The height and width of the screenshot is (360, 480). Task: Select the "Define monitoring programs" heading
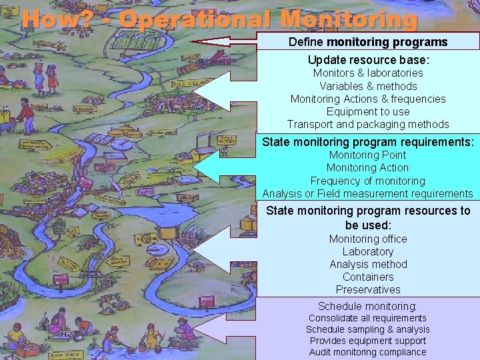pos(368,42)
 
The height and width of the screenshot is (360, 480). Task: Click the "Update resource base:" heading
pos(368,59)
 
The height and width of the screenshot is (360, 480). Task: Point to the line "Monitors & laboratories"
pos(368,73)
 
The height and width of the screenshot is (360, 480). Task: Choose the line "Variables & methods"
pos(368,86)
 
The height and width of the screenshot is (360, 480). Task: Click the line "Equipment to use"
pos(368,111)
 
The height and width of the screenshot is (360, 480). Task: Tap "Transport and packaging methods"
pos(368,124)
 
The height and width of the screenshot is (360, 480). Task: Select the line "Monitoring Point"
pos(368,155)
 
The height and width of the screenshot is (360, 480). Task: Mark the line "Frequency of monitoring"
pos(368,181)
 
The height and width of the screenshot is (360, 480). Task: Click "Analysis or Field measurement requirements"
pos(368,193)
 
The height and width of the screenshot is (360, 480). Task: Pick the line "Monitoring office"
pos(368,239)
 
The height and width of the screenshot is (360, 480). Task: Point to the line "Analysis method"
pos(368,264)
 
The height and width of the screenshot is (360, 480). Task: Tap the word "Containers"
pos(368,277)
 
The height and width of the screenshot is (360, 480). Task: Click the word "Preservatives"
pos(368,289)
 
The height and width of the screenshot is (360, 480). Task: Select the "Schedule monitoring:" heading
pos(368,306)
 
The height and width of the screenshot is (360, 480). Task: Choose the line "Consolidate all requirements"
pos(368,318)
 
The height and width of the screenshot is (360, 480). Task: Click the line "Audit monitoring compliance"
pos(368,352)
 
